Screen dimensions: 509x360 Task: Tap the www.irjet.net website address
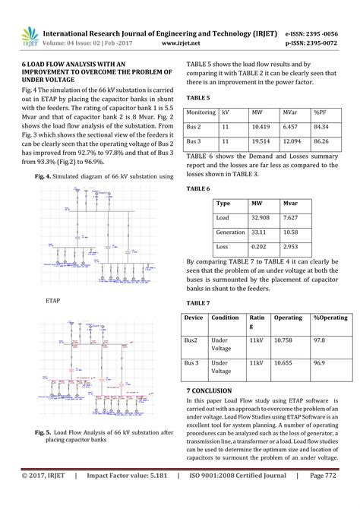tap(181, 44)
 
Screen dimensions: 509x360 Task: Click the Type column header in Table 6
tap(223, 204)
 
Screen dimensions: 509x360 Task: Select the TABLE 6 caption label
tap(198, 188)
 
